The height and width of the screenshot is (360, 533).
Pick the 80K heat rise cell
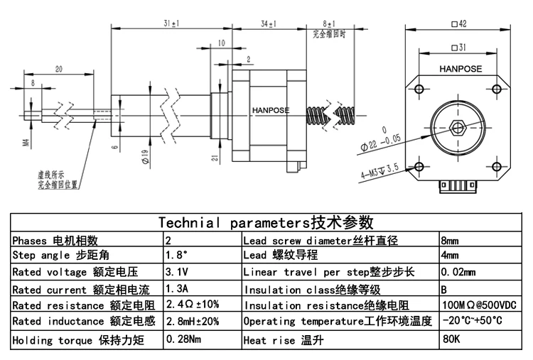click(451, 340)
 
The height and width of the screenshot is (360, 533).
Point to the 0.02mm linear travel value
click(458, 272)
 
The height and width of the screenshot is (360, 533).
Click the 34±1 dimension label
click(269, 24)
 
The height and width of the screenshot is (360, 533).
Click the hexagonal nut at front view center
click(458, 130)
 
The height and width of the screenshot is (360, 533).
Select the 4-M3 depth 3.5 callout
click(382, 171)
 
